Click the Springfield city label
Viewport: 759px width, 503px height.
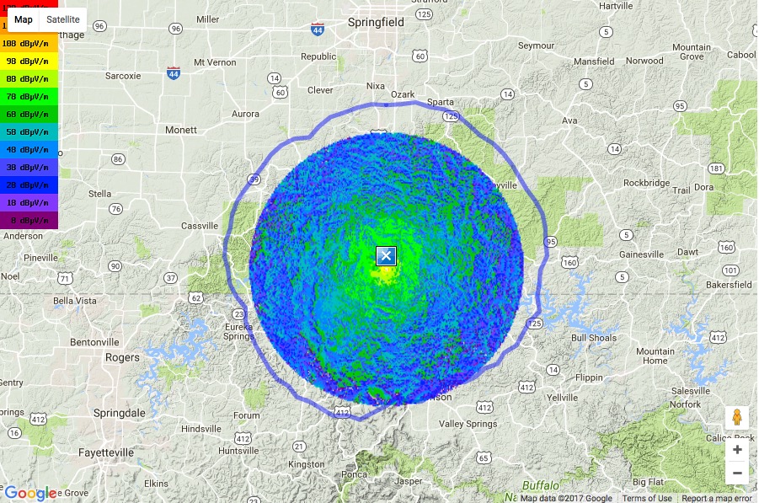click(x=376, y=23)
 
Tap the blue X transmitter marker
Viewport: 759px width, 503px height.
click(x=386, y=256)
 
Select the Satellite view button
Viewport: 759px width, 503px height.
click(x=63, y=19)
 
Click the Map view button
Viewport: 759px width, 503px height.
click(x=24, y=19)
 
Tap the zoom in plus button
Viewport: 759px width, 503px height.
click(x=737, y=450)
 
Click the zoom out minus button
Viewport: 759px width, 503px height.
click(x=737, y=473)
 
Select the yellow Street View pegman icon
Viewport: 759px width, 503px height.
click(x=737, y=418)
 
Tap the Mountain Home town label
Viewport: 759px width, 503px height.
click(x=655, y=356)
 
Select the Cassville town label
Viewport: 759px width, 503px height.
click(x=200, y=226)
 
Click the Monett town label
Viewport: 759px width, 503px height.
click(x=181, y=130)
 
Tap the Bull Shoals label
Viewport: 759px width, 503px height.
click(x=594, y=339)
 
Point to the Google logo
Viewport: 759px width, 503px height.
click(x=30, y=493)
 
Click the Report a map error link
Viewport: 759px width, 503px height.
click(x=716, y=498)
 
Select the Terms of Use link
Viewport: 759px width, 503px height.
click(x=647, y=498)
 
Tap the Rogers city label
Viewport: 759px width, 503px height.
click(x=122, y=357)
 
